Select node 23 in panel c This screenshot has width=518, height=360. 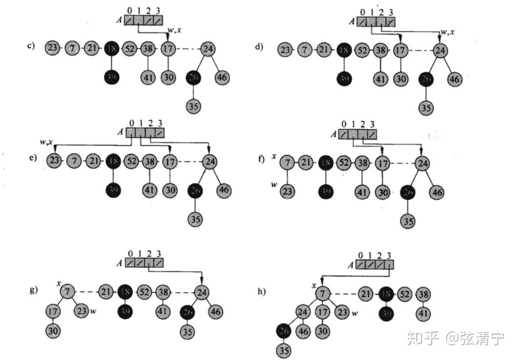[52, 48]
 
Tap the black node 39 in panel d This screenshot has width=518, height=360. [345, 78]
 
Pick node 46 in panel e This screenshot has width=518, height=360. [224, 189]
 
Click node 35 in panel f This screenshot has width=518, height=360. [408, 221]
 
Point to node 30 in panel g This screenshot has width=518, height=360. [53, 331]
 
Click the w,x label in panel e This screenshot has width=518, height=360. [47, 142]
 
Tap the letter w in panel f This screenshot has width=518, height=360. [275, 184]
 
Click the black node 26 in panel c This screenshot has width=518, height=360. [194, 77]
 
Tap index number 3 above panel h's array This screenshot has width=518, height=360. [388, 255]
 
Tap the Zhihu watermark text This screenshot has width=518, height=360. [454, 338]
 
